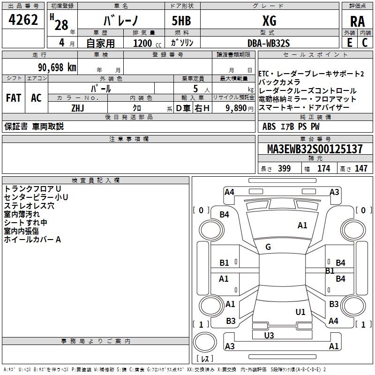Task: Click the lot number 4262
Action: [23, 21]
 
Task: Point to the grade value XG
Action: [270, 22]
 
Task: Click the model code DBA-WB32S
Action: [269, 43]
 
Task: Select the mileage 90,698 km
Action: [57, 67]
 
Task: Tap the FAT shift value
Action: [14, 98]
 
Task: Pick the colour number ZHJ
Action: [77, 108]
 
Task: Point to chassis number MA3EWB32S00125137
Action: [315, 149]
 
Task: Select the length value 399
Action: [284, 169]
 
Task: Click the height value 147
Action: [361, 169]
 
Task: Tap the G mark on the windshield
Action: [268, 247]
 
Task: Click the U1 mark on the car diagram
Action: [300, 312]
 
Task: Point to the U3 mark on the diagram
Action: [269, 335]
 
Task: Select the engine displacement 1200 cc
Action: [144, 43]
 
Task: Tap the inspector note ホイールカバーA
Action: [33, 240]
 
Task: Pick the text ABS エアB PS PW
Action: [292, 126]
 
